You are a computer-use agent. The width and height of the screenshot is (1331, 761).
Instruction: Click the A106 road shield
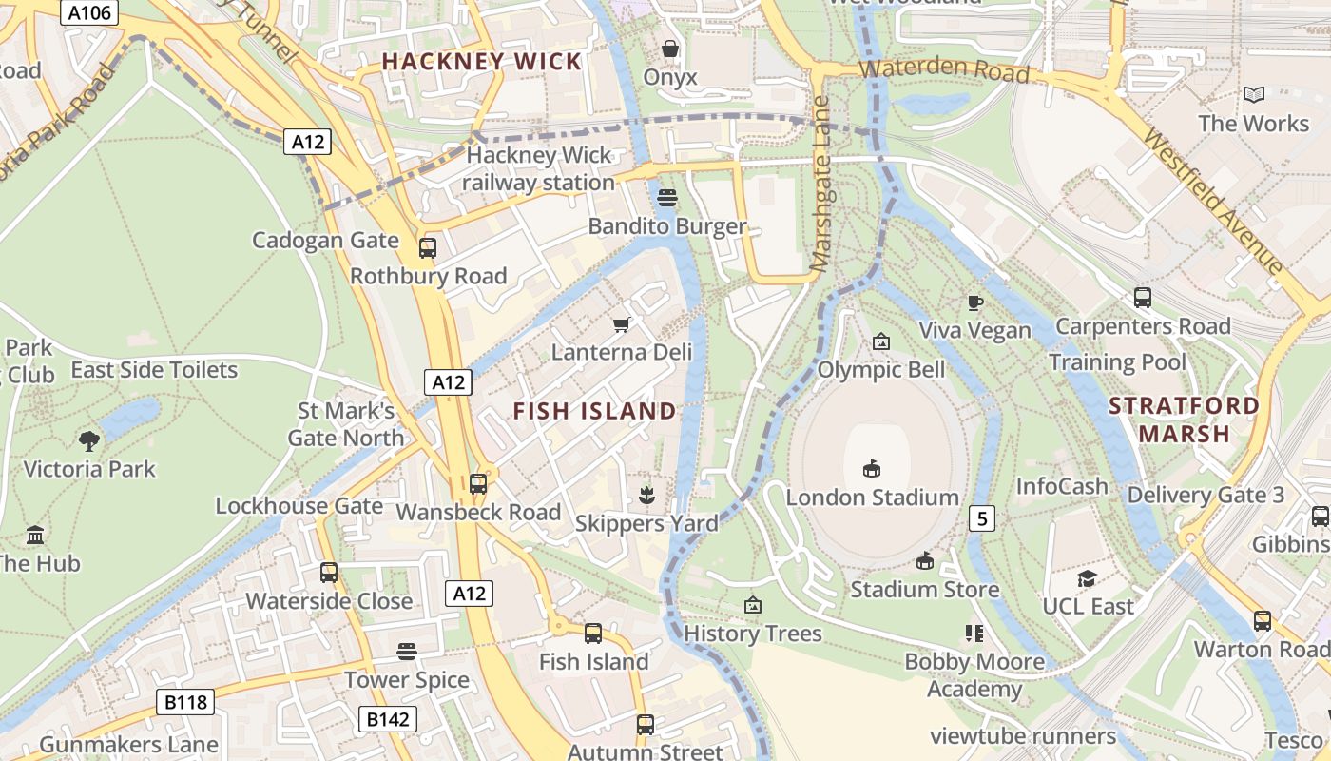(x=87, y=12)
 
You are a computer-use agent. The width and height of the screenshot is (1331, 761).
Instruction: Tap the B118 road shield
(x=185, y=703)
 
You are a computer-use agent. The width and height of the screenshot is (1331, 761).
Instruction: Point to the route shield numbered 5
(x=982, y=518)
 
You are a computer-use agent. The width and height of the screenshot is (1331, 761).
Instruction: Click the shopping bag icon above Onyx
(x=670, y=49)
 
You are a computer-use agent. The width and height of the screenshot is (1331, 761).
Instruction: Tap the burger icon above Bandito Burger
(x=667, y=198)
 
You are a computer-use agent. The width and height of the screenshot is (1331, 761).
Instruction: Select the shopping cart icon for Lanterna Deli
(x=623, y=325)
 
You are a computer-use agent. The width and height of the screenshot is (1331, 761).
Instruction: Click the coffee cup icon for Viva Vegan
(x=974, y=302)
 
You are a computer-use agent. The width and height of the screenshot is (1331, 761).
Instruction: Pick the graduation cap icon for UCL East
(x=1087, y=578)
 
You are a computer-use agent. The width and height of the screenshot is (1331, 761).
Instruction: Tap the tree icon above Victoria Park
(x=90, y=440)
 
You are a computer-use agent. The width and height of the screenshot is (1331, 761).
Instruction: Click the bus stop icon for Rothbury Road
(x=428, y=248)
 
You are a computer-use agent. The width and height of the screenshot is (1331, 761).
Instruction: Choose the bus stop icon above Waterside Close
(x=329, y=573)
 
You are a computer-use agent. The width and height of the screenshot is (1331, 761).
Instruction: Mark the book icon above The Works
(x=1254, y=94)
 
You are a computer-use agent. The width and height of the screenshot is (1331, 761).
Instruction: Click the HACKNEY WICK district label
(x=481, y=62)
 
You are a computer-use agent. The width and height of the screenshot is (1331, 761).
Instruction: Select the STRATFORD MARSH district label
(x=1184, y=420)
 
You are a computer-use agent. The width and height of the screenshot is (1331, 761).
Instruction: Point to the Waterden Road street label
(x=944, y=69)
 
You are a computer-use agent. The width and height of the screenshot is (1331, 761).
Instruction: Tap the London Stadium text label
(x=872, y=498)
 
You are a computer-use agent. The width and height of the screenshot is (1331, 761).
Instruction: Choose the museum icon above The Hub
(x=36, y=536)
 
